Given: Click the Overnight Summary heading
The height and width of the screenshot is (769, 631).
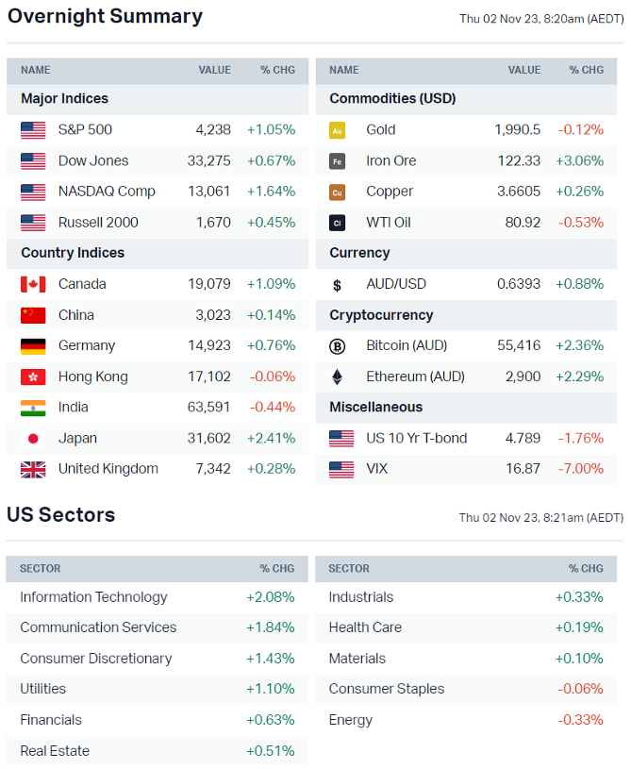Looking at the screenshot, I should (x=105, y=17).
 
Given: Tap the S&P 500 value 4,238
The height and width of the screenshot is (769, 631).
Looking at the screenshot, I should (x=213, y=130).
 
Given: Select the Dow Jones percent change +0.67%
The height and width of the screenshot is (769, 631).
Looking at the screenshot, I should (x=271, y=161).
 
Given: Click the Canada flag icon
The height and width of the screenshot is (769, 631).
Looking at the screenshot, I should (x=33, y=285).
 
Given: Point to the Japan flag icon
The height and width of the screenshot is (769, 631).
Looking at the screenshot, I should (x=33, y=439).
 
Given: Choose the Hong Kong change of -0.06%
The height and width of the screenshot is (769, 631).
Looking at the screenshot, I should (x=273, y=377).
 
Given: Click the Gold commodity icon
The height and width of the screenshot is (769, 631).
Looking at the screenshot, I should (x=338, y=131).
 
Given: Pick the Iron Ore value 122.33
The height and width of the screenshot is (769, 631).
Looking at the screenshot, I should (x=519, y=161).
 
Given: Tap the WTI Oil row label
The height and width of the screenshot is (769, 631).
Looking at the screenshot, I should (x=389, y=223).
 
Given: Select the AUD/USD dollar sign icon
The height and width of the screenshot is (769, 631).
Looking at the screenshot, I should (x=338, y=285).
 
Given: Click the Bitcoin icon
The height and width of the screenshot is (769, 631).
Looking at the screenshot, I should (x=338, y=346).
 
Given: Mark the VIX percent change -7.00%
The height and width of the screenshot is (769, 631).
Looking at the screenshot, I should (x=580, y=469).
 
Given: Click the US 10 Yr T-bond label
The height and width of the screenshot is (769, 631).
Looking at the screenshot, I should (x=417, y=439).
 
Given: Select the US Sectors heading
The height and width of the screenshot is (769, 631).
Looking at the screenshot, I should (x=61, y=515).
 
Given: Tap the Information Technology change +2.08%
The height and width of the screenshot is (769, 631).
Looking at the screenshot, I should (x=271, y=597).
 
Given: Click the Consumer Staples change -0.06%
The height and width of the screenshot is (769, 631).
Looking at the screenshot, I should (x=580, y=690).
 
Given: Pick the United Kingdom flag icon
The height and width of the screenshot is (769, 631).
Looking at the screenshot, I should (x=33, y=470).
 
